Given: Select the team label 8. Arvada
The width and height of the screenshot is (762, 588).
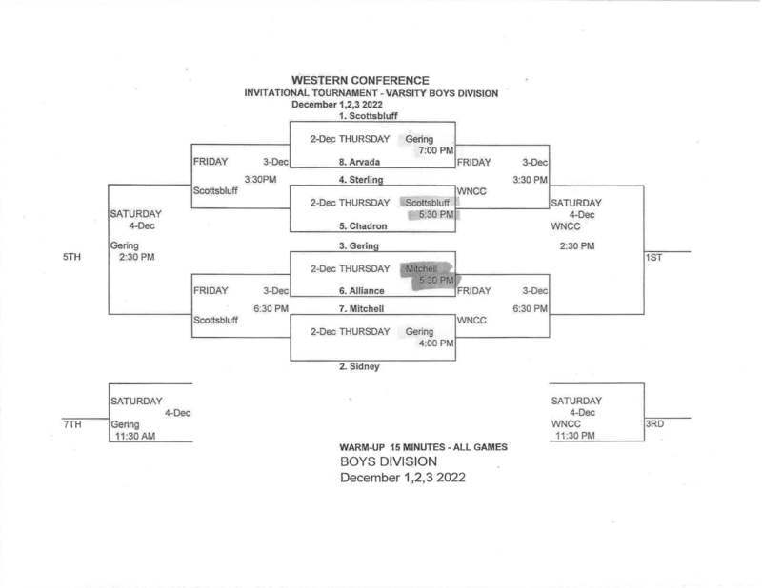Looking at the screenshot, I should click(359, 162).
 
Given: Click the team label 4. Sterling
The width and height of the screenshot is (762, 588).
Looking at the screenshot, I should click(361, 179).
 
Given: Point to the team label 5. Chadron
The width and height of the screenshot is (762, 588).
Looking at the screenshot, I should click(361, 226).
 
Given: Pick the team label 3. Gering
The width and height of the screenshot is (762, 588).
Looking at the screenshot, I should click(359, 245).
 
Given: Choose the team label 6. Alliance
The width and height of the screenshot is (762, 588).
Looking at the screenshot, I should click(361, 291).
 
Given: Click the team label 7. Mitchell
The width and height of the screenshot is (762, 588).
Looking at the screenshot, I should click(361, 309).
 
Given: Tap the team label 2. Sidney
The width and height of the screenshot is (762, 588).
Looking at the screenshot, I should click(360, 366).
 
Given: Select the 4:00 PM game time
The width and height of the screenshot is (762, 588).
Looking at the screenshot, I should click(434, 344).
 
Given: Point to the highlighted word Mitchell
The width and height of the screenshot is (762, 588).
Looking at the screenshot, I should click(421, 268).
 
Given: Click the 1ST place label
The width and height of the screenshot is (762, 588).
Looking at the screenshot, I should click(654, 258).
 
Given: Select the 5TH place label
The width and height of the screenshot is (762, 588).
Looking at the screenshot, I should click(70, 257).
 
